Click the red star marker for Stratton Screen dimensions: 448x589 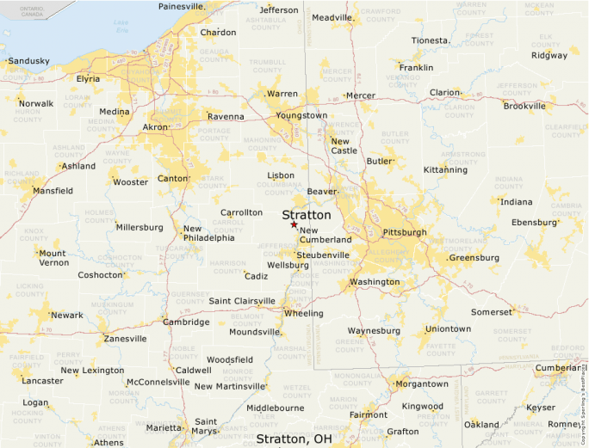294,225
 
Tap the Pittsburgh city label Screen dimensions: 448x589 404,232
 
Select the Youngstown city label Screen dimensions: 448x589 301,115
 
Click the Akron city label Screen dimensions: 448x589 155,127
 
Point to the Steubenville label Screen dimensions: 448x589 323,255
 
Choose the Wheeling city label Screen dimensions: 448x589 304,313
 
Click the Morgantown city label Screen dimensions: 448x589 421,384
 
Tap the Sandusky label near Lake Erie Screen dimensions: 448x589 28,61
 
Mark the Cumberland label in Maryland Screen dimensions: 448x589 559,367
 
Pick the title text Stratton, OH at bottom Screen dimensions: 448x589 294,439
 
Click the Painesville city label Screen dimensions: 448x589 182,6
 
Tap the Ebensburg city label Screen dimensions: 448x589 535,222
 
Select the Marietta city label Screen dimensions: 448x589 164,427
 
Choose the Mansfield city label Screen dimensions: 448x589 53,191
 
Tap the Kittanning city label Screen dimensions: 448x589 446,170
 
